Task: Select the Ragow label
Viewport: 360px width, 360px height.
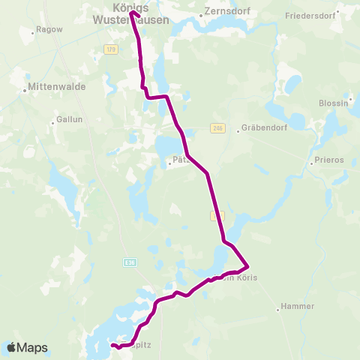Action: point(46,31)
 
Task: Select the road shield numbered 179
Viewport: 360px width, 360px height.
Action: point(111,49)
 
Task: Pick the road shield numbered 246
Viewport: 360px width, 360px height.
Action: point(217,127)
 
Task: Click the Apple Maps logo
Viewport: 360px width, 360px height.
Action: point(27,347)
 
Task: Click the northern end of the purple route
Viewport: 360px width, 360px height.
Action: point(132,13)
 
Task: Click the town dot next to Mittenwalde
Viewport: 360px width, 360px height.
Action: point(25,90)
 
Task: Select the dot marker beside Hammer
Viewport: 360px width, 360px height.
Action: point(278,307)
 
